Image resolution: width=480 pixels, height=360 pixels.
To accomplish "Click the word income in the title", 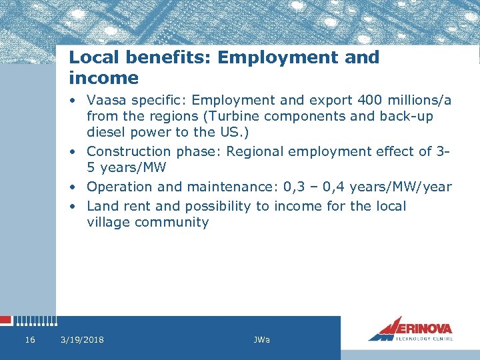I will [x=103, y=78].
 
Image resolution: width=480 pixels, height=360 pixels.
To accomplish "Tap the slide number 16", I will [x=29, y=340].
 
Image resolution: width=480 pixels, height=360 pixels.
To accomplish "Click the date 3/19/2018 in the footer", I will [x=82, y=340].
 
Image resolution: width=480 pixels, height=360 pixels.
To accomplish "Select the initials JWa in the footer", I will [x=262, y=340].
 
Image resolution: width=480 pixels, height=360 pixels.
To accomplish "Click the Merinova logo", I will [x=411, y=329].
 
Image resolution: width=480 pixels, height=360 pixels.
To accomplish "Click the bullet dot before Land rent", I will [x=77, y=206].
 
